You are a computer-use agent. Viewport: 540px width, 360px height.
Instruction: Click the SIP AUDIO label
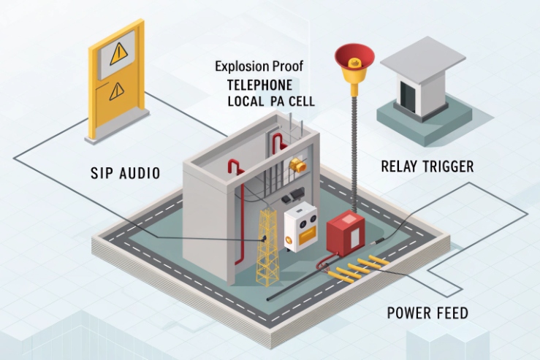125,173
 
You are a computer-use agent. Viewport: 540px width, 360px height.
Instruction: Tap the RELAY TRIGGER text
427,166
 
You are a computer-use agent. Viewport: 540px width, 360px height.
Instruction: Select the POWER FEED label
427,314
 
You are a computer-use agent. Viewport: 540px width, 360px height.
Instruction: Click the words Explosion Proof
259,66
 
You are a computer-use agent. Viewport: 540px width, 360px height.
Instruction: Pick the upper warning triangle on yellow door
118,53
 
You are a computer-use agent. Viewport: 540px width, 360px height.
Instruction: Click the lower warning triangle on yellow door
117,91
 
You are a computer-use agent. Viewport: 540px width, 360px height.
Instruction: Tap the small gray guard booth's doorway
407,93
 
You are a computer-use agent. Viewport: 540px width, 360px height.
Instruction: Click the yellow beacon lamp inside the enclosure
297,164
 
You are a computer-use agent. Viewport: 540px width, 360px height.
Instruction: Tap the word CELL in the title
301,102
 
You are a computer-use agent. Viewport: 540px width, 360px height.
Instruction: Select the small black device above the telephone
292,196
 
